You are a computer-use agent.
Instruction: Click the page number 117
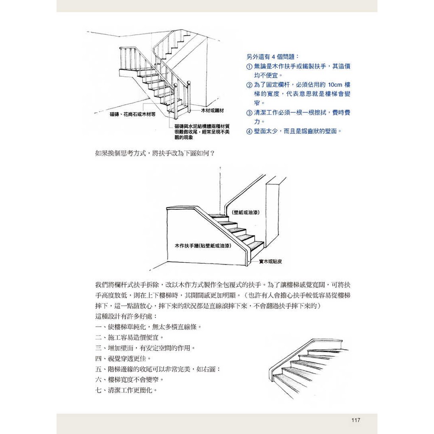[356, 420]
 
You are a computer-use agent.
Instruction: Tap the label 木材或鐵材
[212, 111]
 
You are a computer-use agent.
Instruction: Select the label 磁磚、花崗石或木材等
[133, 114]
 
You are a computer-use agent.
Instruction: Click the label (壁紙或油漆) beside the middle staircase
[245, 213]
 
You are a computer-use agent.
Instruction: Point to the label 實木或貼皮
[270, 261]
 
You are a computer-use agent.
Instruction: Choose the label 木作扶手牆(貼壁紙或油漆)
[203, 245]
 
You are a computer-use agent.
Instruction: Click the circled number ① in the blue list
[249, 67]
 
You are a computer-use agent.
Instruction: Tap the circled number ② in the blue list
[249, 85]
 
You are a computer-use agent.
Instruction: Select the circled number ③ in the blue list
[249, 113]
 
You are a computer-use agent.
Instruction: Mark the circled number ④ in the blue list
[249, 131]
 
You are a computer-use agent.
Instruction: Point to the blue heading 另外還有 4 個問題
[273, 57]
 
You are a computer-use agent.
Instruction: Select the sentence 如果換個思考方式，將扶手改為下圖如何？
[155, 153]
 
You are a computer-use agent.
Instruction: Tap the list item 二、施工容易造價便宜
[130, 337]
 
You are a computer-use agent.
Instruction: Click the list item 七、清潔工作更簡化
[126, 390]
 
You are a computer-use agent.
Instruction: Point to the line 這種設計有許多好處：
[126, 316]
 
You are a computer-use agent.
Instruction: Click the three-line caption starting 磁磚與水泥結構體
[202, 132]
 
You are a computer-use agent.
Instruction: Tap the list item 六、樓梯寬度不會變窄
[130, 379]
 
